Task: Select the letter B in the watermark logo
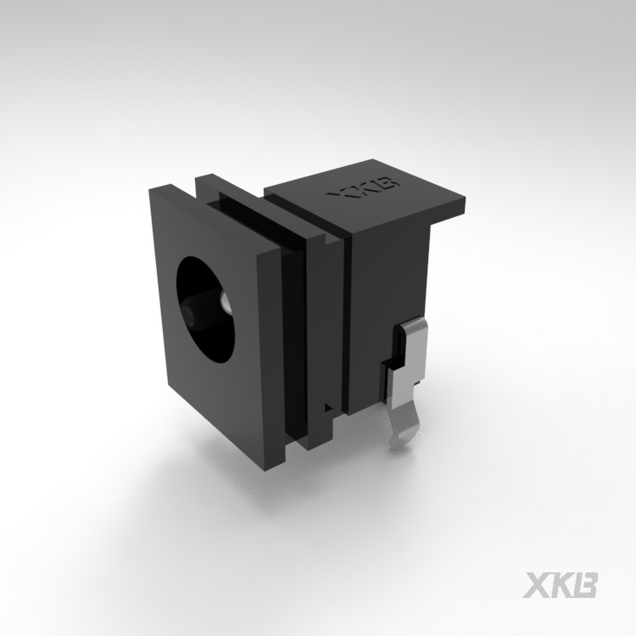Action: pos(586,585)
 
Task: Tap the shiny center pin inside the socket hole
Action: pos(225,304)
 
